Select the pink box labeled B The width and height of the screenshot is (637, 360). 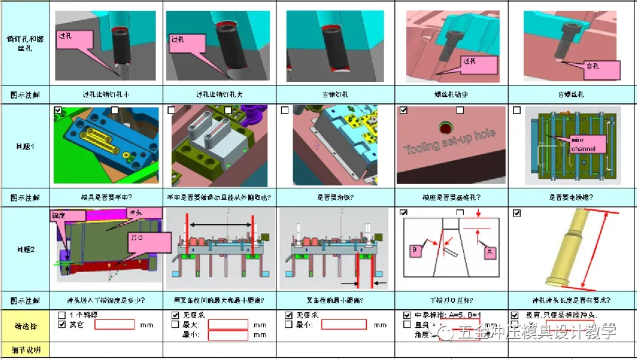[414, 250]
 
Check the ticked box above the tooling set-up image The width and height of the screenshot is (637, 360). [403, 111]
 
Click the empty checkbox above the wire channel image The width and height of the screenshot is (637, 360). [517, 111]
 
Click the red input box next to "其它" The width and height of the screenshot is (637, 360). [115, 325]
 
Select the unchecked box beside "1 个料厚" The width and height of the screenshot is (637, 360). [62, 315]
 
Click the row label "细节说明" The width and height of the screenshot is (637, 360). [25, 350]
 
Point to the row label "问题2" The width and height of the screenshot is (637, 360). [25, 250]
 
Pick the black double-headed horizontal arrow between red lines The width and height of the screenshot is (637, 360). [221, 225]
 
